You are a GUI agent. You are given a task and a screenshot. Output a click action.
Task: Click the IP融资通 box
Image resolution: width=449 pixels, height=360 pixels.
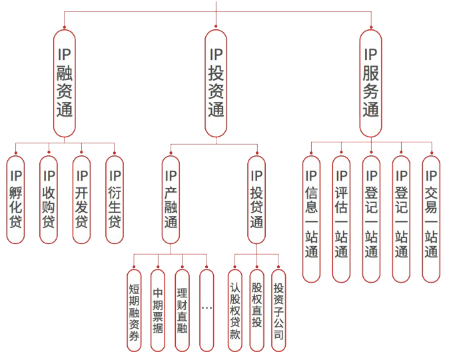click(x=65, y=83)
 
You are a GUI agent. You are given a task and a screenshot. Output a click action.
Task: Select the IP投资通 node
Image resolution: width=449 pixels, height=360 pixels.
click(x=216, y=83)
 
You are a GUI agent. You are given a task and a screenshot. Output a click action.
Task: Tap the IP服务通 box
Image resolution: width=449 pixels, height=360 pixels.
click(x=371, y=83)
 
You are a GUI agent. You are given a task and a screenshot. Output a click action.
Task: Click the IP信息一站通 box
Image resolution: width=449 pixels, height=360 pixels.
click(x=311, y=217)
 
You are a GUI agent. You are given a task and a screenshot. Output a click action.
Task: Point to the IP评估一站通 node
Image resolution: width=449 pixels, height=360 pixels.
click(x=341, y=217)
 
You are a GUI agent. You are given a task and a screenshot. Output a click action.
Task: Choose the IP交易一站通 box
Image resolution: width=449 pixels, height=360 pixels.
click(x=431, y=217)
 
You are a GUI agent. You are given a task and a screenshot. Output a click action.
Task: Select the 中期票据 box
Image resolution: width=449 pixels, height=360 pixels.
click(x=158, y=310)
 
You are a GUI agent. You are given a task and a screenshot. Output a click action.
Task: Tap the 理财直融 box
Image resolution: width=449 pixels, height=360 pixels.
click(x=182, y=310)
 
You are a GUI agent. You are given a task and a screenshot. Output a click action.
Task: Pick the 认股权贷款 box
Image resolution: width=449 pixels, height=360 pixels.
click(x=234, y=310)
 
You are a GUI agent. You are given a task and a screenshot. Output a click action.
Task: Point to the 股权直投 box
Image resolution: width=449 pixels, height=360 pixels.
click(x=256, y=310)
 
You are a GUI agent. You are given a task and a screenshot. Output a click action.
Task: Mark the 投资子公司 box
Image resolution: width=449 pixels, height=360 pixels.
click(x=278, y=310)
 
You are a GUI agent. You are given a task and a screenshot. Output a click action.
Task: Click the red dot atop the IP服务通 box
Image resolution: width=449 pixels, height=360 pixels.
click(x=371, y=27)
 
